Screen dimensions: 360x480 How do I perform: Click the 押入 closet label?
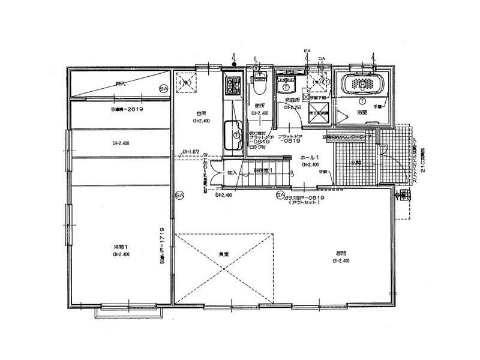pos(121,84)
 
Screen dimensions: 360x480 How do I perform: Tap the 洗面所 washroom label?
pos(292,99)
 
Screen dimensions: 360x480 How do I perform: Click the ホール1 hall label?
pos(310,157)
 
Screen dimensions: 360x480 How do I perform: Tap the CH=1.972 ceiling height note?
pos(190,152)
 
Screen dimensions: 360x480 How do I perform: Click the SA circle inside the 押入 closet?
pos(163,89)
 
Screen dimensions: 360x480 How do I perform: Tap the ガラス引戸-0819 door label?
pos(305,197)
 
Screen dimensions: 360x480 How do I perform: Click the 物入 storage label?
pos(233,173)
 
